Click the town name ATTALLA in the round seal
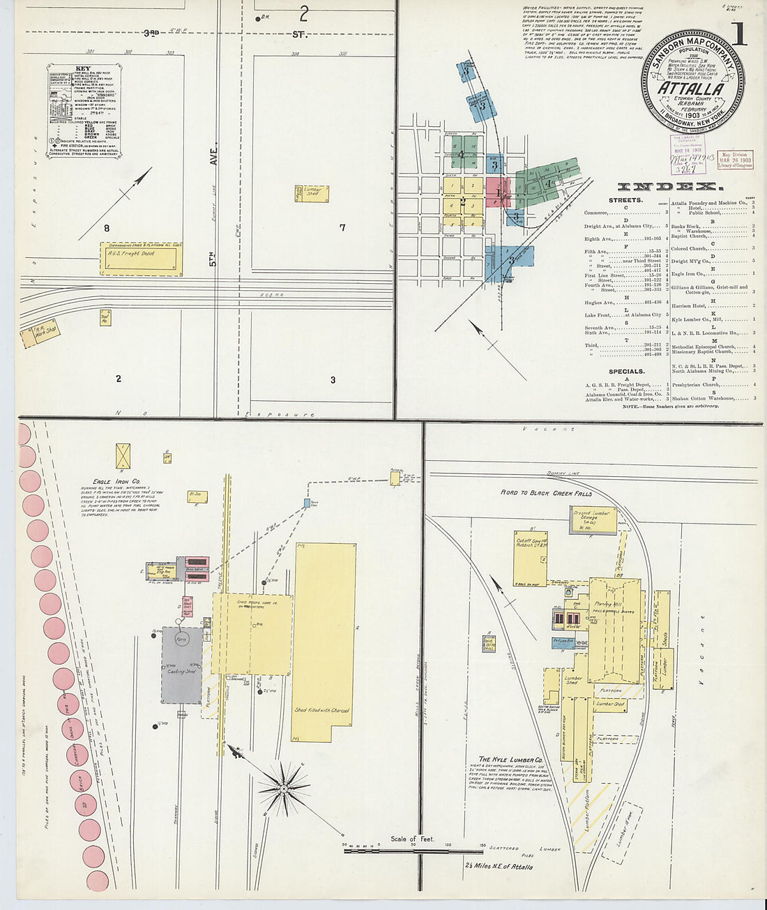(690, 89)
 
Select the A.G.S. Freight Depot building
(141, 259)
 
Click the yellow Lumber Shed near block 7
(312, 192)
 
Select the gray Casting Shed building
(181, 665)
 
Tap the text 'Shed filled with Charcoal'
(321, 711)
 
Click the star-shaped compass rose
(284, 788)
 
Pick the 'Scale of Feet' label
(412, 839)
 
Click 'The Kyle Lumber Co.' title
(510, 759)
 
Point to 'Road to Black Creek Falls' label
(546, 493)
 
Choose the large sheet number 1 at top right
(738, 33)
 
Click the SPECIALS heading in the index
(626, 372)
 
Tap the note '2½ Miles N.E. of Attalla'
(499, 867)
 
